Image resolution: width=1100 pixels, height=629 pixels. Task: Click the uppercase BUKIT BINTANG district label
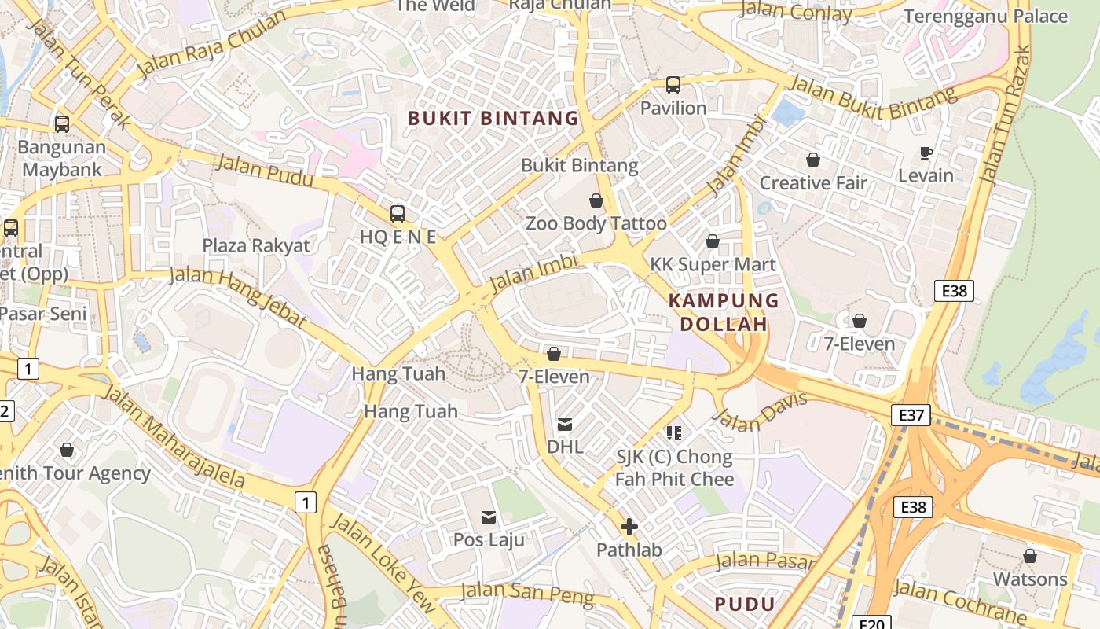[493, 119]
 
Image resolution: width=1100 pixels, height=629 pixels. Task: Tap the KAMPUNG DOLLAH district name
[723, 312]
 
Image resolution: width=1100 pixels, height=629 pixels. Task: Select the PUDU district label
[745, 604]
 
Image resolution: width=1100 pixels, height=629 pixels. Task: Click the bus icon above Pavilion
[673, 85]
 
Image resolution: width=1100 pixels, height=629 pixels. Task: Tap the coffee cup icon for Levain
[926, 153]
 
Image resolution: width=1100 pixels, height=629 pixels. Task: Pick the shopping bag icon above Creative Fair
[813, 160]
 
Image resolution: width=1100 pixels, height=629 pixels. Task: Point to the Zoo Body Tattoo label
[596, 223]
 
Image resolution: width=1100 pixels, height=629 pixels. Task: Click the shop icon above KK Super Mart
[713, 241]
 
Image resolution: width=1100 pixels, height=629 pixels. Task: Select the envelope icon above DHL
[564, 425]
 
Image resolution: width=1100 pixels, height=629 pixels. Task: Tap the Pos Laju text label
[489, 540]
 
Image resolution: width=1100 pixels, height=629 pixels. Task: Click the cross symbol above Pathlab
[629, 527]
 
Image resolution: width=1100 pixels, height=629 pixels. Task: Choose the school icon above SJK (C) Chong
[673, 433]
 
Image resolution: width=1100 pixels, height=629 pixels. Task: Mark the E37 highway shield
[911, 415]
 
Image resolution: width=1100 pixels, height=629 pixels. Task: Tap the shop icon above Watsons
[1030, 557]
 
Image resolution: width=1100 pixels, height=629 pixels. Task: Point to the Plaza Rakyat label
[256, 245]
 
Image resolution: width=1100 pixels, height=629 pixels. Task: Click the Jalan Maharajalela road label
[174, 436]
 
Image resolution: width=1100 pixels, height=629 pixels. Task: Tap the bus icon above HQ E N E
[398, 213]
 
